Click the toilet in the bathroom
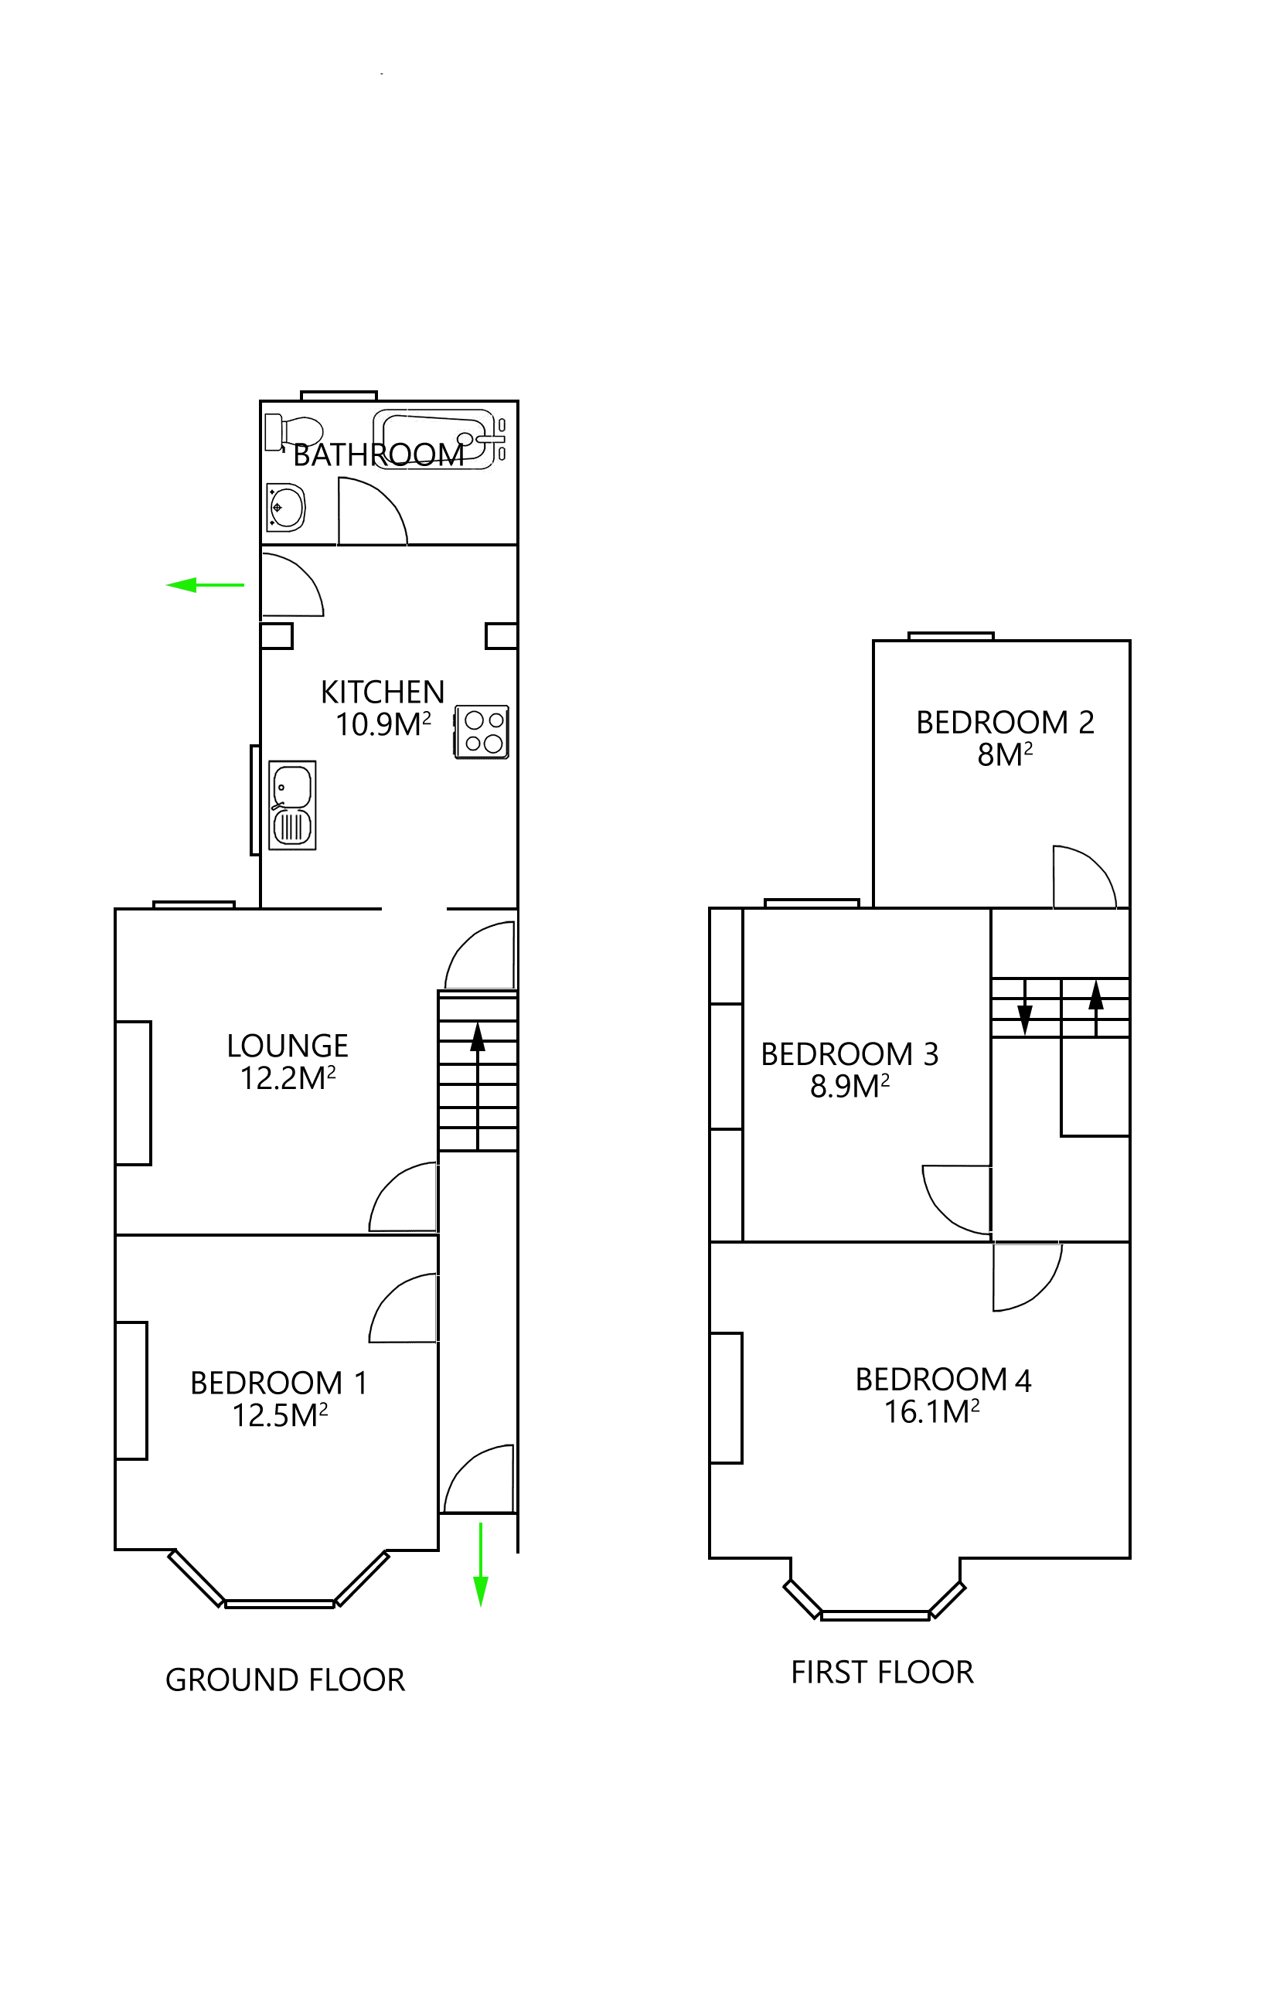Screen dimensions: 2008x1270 click(x=294, y=433)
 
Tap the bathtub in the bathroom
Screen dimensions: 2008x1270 click(x=434, y=439)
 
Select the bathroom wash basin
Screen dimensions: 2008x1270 click(x=285, y=506)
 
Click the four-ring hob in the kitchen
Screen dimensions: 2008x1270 click(x=482, y=731)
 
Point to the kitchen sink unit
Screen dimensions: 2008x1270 click(x=292, y=805)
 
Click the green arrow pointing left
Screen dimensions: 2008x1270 click(x=205, y=584)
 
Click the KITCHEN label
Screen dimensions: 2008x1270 click(x=383, y=692)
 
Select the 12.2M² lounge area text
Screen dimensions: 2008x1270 click(x=288, y=1078)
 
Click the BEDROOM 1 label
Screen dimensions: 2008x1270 click(x=278, y=1383)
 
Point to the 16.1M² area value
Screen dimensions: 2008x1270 click(x=931, y=1412)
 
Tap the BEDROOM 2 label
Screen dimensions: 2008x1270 click(x=1005, y=722)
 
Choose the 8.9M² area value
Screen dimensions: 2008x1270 click(x=850, y=1086)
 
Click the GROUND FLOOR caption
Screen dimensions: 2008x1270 click(x=285, y=1680)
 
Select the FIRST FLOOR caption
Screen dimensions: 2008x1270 click(x=882, y=1672)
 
